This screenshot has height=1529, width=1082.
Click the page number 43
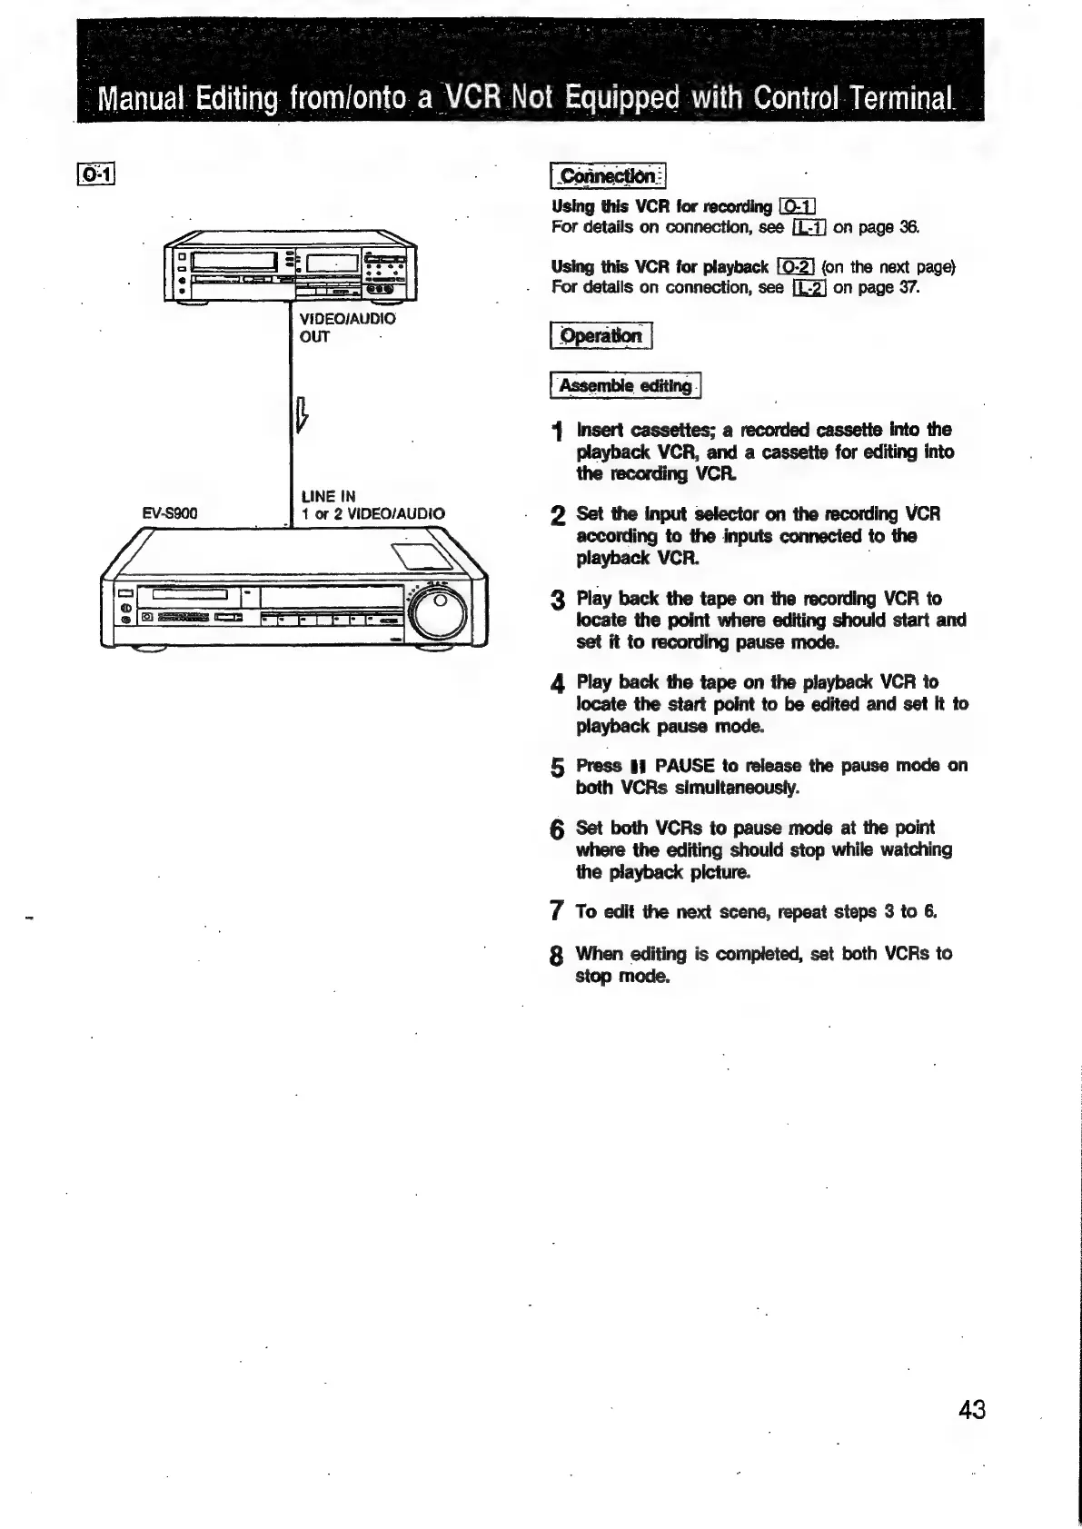(x=971, y=1410)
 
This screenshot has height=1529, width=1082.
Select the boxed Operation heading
(x=601, y=336)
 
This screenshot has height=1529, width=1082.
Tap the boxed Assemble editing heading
(x=625, y=386)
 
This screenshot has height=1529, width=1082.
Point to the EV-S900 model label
(x=170, y=513)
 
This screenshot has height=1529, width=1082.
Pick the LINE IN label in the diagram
(x=329, y=496)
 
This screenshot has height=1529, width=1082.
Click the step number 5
(x=559, y=769)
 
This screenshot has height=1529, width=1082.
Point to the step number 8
(x=559, y=957)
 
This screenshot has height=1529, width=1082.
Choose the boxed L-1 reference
(x=808, y=227)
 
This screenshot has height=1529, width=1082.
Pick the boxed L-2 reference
(x=808, y=289)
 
